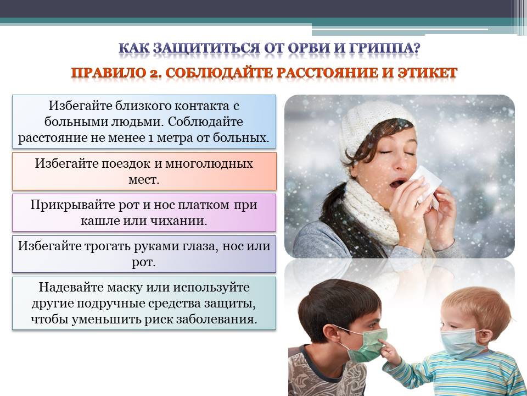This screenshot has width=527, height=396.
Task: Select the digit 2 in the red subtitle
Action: point(155,73)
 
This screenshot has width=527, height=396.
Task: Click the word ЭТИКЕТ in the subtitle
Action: point(427,73)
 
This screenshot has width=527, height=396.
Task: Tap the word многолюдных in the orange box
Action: point(209,164)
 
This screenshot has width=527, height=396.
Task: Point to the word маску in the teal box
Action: point(128,288)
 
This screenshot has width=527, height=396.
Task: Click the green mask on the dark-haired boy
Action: point(368,345)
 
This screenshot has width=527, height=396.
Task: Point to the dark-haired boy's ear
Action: point(333,334)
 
